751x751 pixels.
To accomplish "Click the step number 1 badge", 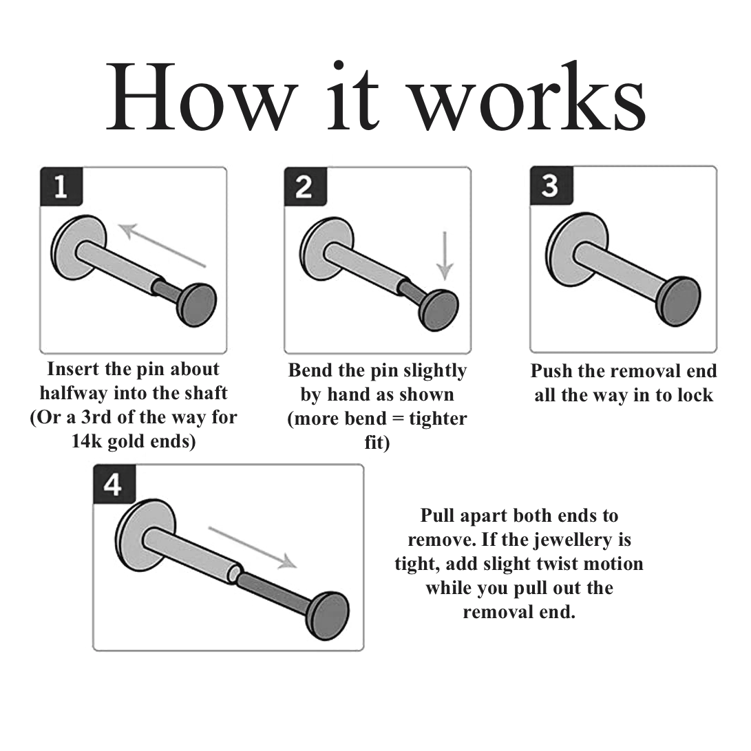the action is point(61,187).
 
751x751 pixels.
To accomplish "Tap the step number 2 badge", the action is point(305,187).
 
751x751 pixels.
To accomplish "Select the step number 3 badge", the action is point(551,185).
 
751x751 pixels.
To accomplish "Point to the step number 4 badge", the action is point(114,484).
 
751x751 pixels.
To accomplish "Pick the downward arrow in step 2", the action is point(445,255).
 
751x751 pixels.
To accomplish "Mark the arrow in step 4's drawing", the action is point(253,547).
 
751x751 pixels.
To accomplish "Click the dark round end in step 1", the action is point(198,305).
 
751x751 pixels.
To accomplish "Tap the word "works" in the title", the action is point(530,96).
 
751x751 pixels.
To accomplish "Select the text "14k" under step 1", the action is point(87,441).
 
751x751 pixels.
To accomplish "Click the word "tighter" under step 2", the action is point(438,418).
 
